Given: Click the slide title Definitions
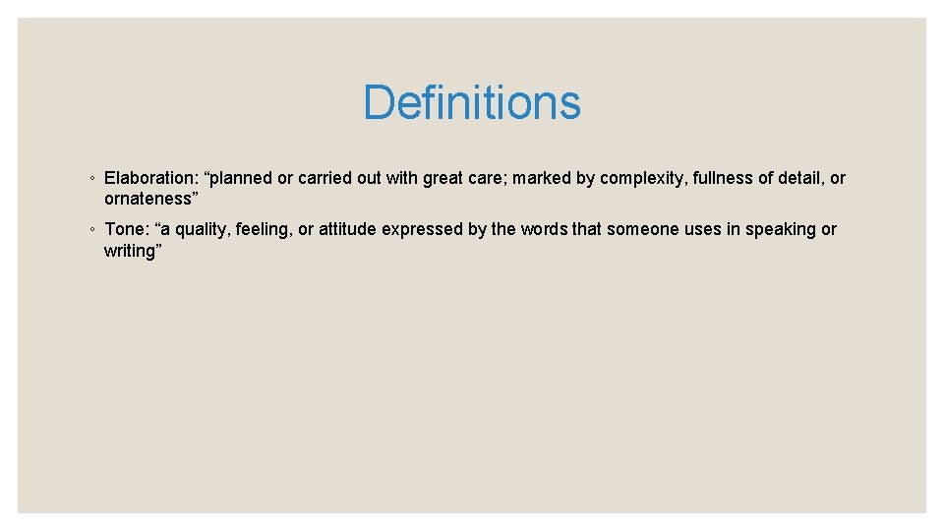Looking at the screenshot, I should [472, 102].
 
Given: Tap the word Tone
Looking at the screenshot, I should [124, 229].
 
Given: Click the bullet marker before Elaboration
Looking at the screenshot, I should [90, 179].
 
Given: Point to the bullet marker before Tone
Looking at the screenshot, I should [90, 230].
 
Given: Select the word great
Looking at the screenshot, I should [444, 179].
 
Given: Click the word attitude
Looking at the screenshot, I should [348, 229].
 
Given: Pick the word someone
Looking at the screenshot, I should [643, 229].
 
